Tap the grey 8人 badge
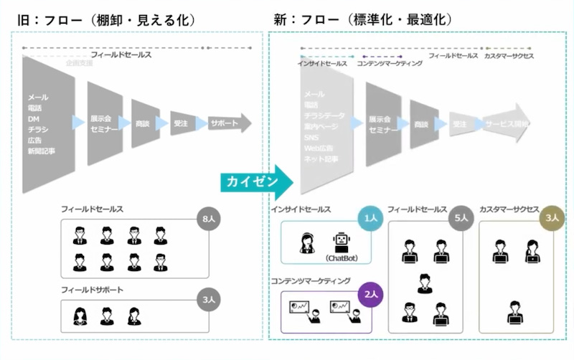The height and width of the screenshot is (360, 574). pos(207,218)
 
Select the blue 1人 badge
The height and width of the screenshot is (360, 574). pos(371,218)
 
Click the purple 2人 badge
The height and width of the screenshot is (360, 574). pos(370,294)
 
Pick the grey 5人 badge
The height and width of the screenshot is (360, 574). pos(461,218)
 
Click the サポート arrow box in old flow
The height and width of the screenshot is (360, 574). pos(229,123)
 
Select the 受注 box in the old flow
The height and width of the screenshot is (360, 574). pos(181,123)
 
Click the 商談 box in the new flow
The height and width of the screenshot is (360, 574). pos(422,123)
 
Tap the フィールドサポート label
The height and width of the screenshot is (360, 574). pos(93,289)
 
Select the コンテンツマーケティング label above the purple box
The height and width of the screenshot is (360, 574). pos(310,282)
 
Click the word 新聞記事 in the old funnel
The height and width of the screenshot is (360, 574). pos(42,151)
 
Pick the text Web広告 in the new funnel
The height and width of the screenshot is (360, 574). pos(318,147)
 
